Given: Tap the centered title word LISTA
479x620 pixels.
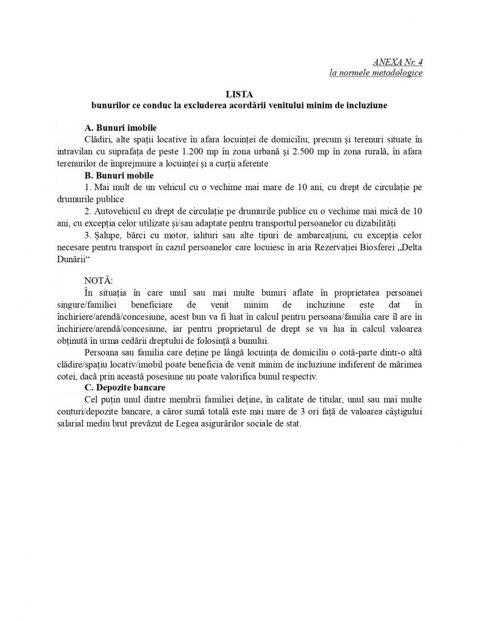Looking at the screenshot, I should (x=239, y=94).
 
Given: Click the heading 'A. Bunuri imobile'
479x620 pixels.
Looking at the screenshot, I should (x=121, y=128).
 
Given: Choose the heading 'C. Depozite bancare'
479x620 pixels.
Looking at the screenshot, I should (x=126, y=387).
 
